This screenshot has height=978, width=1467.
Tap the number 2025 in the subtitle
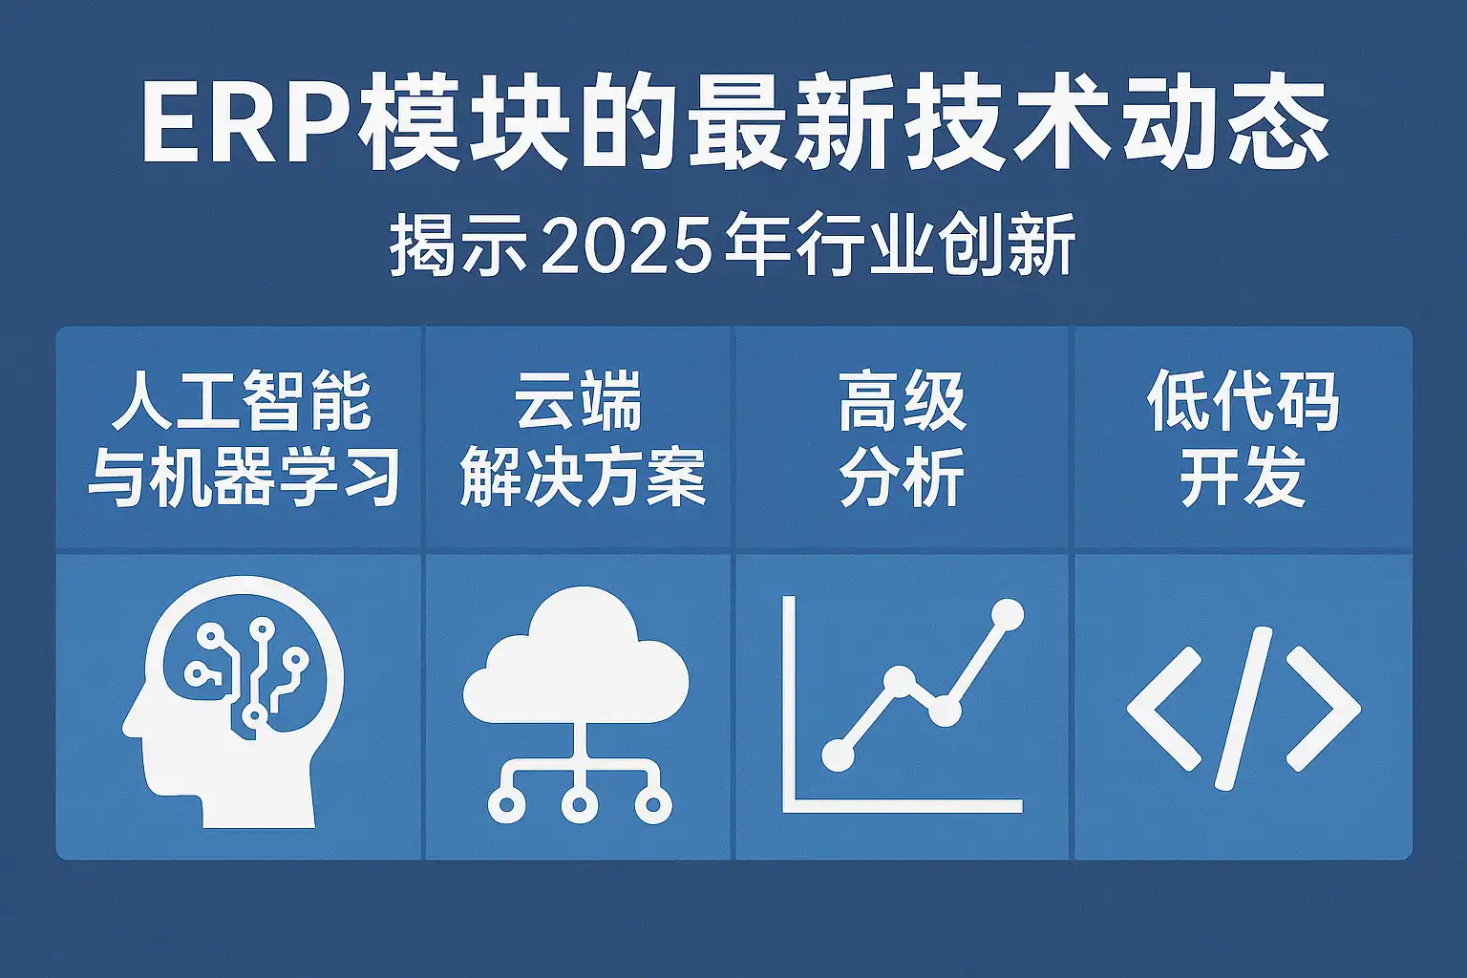pos(626,251)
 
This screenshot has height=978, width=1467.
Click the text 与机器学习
pos(244,477)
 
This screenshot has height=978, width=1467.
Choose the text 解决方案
pos(583,477)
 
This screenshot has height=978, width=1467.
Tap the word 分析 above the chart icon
pos(903,477)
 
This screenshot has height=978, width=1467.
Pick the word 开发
pos(1243,477)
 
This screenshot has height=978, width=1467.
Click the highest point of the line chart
pos(1008,614)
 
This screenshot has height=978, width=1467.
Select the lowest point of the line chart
pos(839,755)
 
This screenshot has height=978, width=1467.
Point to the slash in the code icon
pos(1244,708)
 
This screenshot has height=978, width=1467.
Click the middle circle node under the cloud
pos(579,805)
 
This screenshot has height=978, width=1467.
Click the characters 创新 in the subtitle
pos(1008,251)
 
